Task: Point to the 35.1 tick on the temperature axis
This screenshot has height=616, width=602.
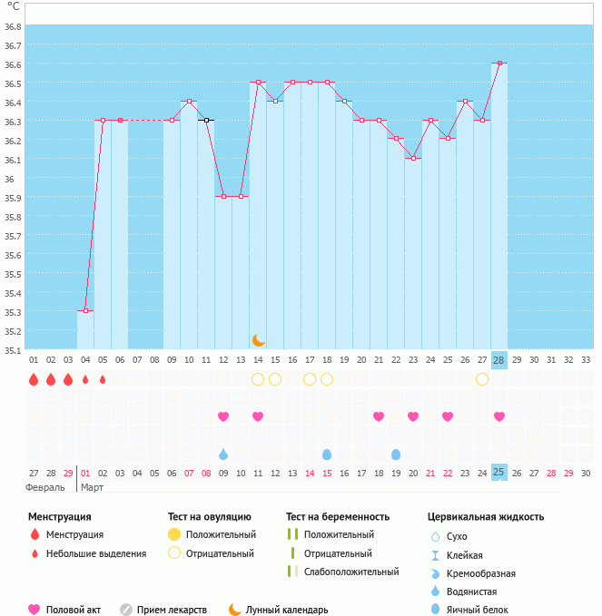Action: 13,349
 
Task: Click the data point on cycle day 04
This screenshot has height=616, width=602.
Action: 85,311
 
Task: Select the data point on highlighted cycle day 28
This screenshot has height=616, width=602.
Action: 499,64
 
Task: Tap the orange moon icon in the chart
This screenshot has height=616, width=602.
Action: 259,339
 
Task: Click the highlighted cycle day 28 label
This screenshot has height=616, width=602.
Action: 499,360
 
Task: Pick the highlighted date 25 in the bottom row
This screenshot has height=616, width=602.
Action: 499,472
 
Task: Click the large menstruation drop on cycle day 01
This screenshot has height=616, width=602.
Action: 34,379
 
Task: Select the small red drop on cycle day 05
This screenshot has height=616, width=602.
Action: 103,379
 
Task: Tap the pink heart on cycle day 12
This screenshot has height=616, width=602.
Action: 223,416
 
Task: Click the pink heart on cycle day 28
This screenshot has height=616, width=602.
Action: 499,416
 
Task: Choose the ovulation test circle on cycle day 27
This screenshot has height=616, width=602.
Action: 482,379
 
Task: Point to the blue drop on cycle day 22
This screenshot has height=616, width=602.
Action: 396,454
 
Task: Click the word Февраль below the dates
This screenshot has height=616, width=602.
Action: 44,487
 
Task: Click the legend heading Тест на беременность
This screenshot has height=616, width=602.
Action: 338,516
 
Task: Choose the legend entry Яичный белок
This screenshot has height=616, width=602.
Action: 478,610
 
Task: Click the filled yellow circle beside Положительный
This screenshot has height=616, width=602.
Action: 174,534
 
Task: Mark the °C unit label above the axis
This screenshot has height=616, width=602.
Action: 13,6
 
